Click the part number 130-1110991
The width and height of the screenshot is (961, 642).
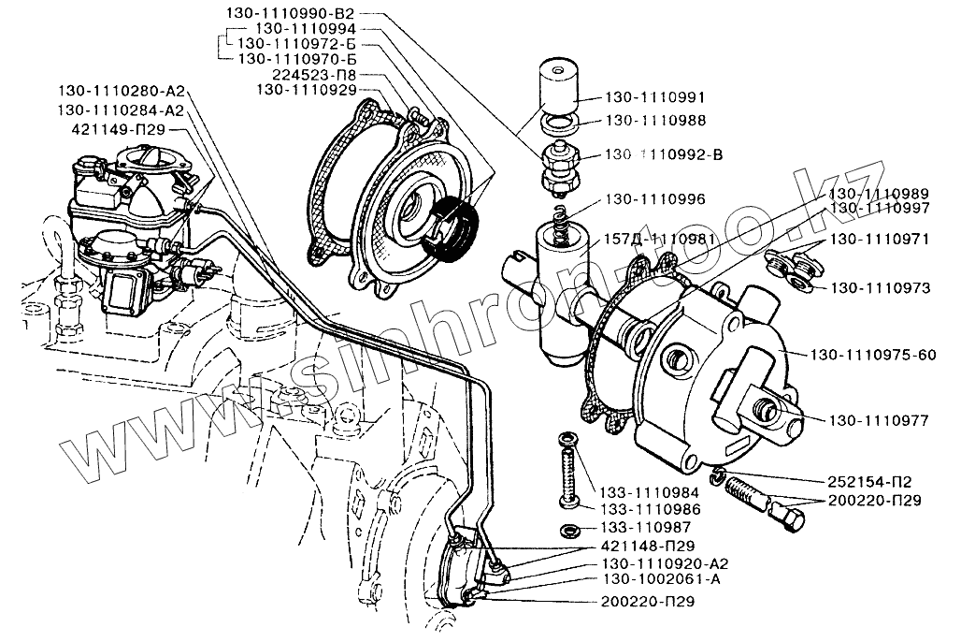(655, 96)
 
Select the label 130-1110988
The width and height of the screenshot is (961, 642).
(655, 121)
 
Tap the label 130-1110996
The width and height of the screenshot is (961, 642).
(655, 199)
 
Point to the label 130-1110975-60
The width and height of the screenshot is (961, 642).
(873, 355)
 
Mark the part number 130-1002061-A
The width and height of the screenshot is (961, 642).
(662, 579)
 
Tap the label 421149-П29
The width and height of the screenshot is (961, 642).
(127, 127)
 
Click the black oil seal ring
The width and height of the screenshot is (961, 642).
(452, 230)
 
